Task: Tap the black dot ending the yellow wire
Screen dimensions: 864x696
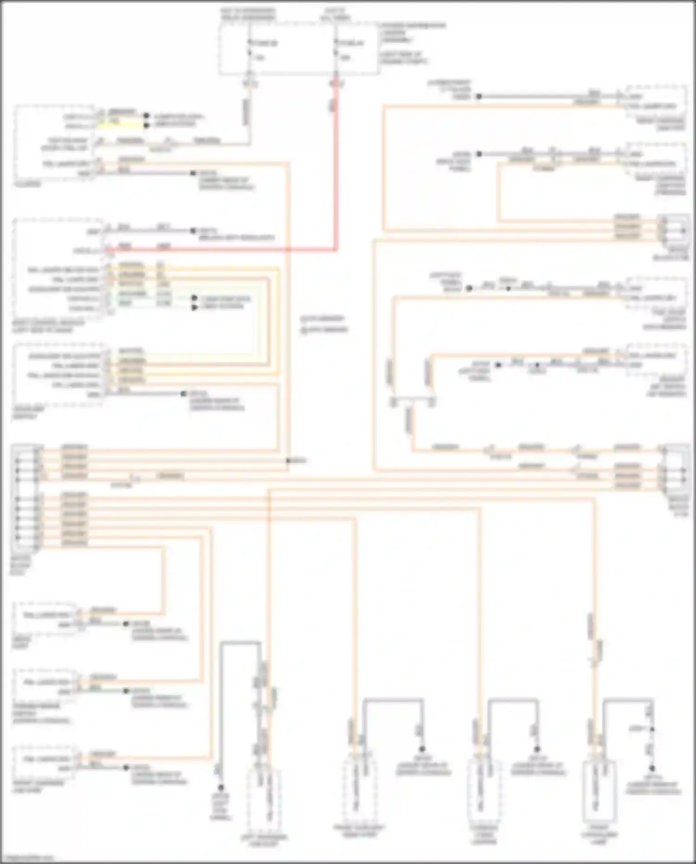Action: [146, 125]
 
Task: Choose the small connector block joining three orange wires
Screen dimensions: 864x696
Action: [673, 227]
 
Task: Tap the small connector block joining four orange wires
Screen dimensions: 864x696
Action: [674, 468]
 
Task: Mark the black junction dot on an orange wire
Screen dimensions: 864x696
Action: [288, 461]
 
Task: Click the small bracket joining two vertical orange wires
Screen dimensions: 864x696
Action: [412, 400]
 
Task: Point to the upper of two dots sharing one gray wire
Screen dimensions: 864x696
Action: [652, 729]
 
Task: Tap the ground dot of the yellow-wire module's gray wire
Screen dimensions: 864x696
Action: [193, 174]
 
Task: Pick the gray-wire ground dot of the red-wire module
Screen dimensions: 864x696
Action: [193, 230]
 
